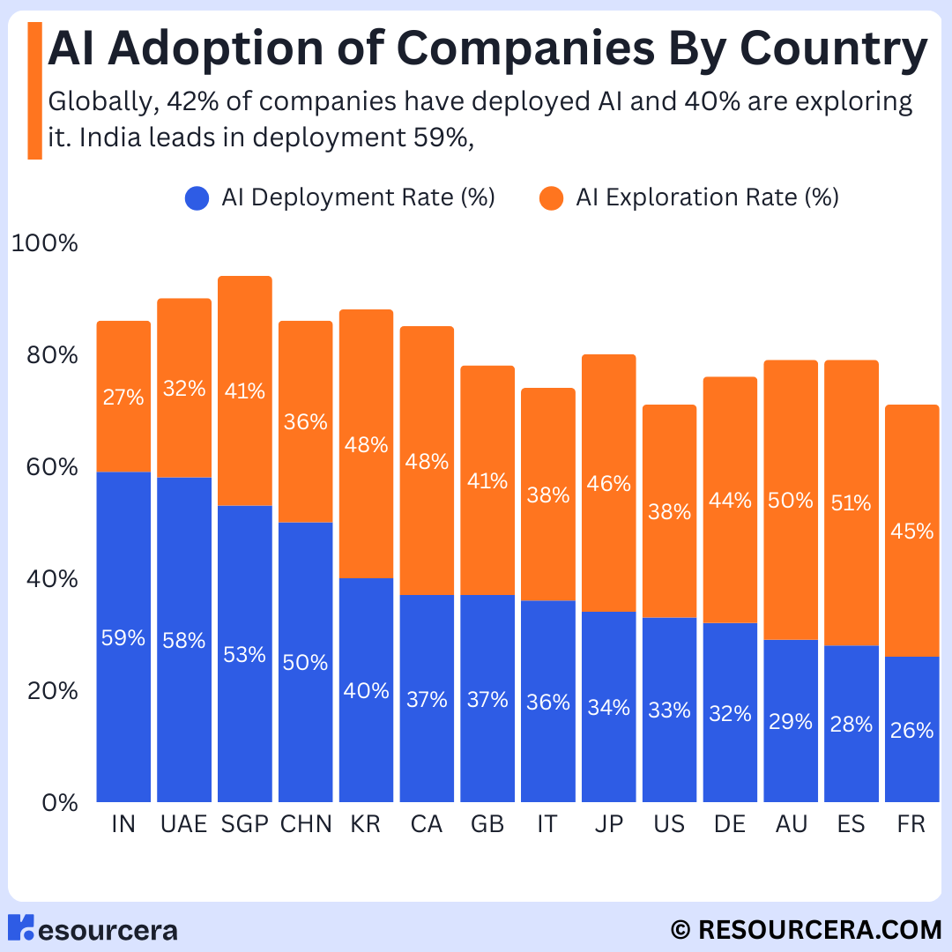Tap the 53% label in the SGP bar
245,655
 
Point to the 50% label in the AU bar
791,501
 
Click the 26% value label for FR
911,730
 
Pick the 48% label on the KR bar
367,445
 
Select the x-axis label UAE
184,824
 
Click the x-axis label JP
608,824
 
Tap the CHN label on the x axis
306,824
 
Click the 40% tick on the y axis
46,579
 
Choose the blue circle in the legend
197,197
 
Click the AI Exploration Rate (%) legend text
707,197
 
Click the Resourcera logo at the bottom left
93,929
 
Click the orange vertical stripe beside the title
34,91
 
